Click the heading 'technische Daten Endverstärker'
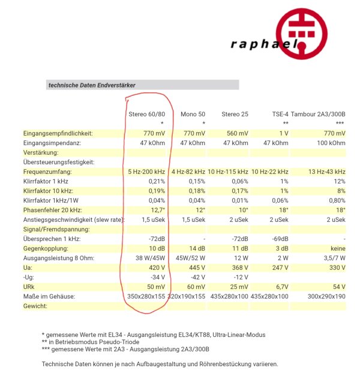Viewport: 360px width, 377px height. click(x=91, y=85)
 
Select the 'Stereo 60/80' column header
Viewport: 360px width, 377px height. click(x=147, y=114)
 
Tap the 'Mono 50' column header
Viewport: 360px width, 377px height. click(x=193, y=114)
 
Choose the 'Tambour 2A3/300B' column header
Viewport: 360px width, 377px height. click(x=318, y=114)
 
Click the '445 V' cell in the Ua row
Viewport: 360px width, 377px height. click(x=196, y=268)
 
